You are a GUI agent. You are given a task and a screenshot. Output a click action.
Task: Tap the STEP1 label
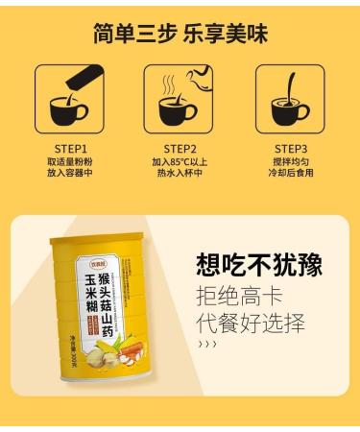tap(69, 149)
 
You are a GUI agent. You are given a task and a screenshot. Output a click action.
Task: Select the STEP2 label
tap(180, 149)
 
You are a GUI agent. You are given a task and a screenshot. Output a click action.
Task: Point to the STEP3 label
tap(290, 149)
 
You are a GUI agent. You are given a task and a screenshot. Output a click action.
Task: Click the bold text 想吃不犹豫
tap(258, 265)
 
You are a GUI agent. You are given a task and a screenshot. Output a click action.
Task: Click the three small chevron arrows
tap(205, 344)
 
